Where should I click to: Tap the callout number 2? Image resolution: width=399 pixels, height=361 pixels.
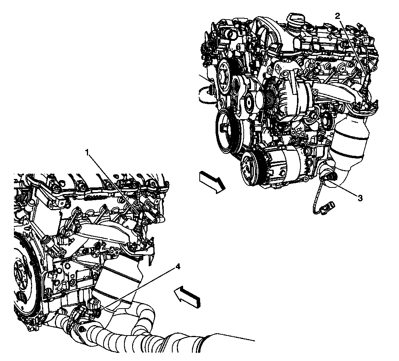[338, 16]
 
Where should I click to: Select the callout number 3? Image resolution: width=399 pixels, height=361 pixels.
[360, 198]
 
